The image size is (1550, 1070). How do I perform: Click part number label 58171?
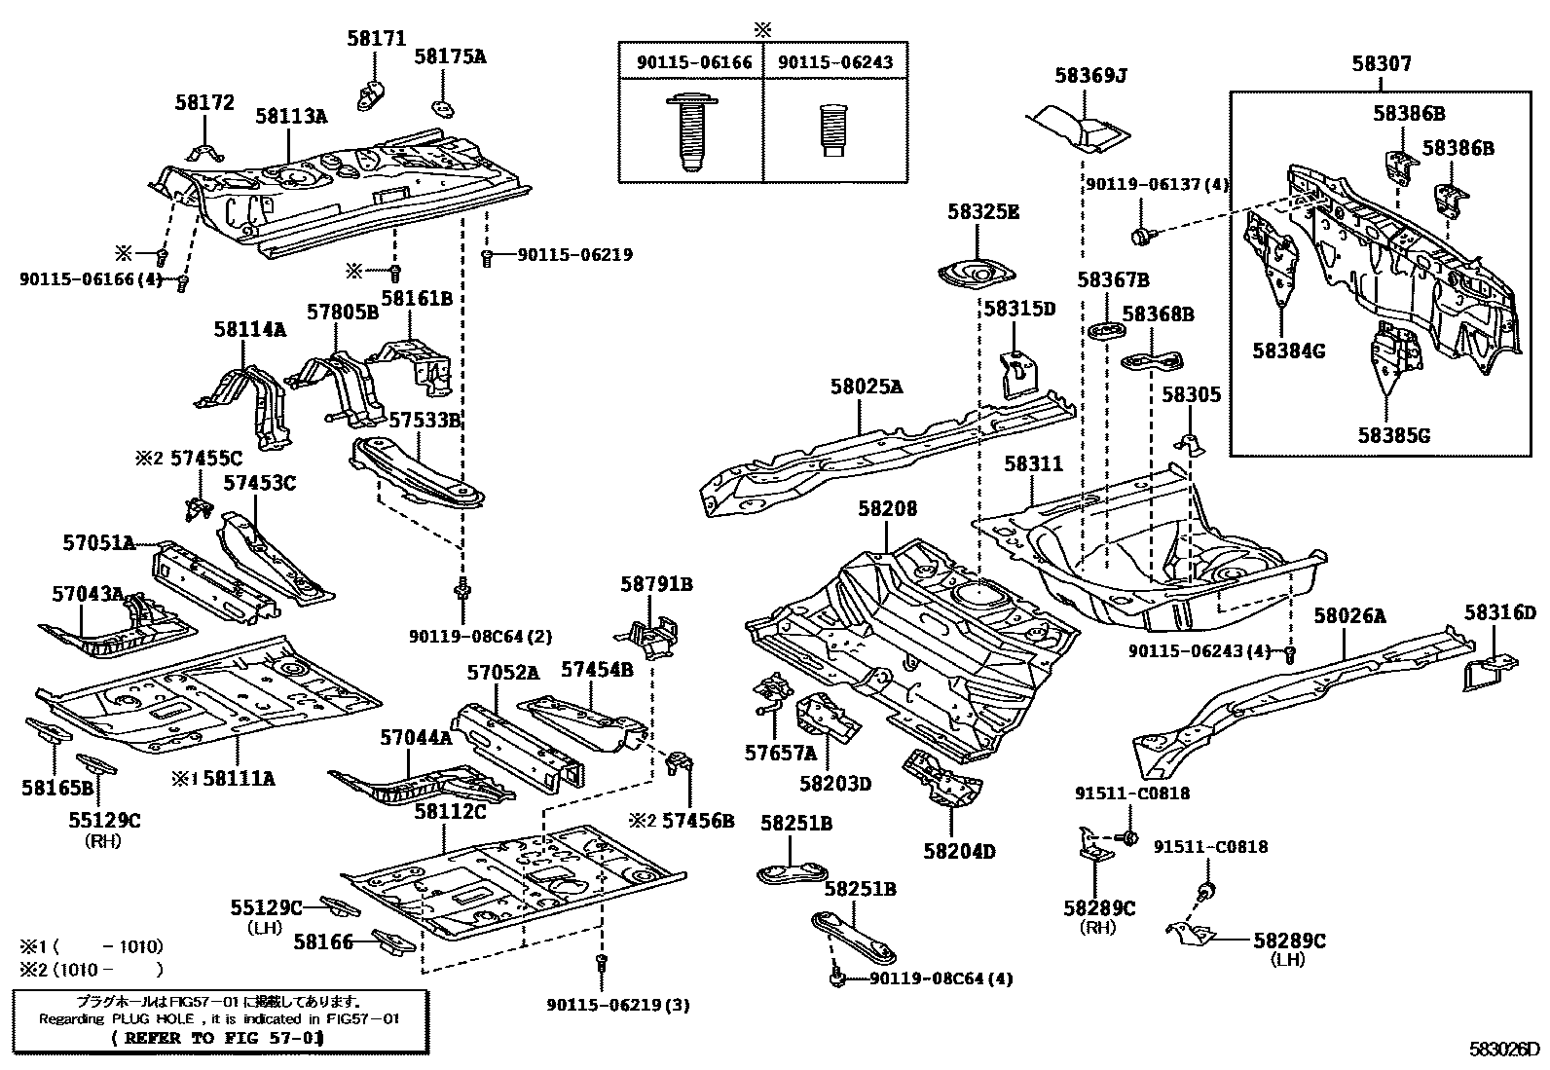pos(376,38)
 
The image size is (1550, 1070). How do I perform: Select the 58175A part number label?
pos(450,56)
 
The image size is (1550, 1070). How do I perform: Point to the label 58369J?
pos(1090,75)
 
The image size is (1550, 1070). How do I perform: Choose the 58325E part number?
pos(983,211)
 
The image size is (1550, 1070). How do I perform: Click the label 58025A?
pos(866,387)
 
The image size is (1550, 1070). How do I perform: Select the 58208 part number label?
pos(887,508)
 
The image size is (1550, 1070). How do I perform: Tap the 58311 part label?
pos(1034,464)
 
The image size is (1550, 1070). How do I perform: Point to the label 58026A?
pos(1349,615)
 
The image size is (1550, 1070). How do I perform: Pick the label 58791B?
pos(656,584)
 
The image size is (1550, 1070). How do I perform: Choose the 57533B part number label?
pos(424,420)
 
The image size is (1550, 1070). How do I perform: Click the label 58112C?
pos(450,810)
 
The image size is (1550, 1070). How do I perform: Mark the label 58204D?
pos(959,850)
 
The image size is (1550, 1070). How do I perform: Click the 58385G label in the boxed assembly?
pos(1394,435)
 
